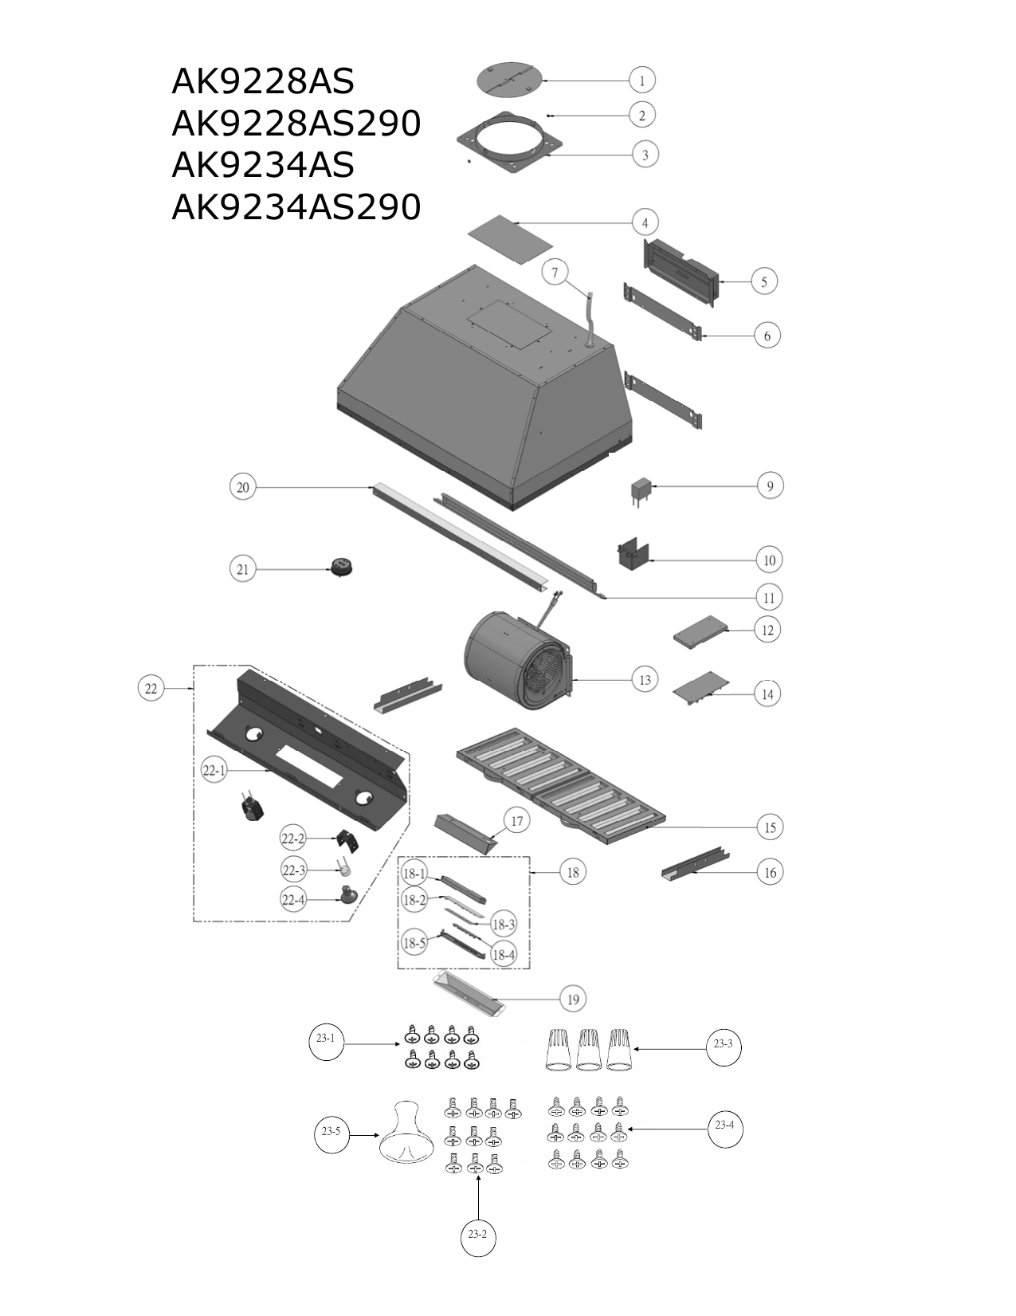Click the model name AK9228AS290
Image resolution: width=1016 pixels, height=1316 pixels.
pos(296,124)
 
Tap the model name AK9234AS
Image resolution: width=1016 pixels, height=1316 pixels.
pos(263,165)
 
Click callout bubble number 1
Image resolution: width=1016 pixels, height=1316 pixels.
pos(641,80)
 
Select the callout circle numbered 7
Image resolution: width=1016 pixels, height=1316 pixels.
pos(555,273)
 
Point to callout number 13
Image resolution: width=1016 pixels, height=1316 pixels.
pos(645,679)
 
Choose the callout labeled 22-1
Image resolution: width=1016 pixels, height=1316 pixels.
pos(214,770)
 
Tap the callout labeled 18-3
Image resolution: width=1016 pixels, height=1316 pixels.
pos(503,924)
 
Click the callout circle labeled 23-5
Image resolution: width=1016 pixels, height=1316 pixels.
pos(331,1131)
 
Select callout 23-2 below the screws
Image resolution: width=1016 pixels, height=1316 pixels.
pos(478,1234)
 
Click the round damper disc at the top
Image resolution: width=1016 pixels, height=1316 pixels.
pos(510,79)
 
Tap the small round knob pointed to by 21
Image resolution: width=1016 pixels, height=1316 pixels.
pos(341,568)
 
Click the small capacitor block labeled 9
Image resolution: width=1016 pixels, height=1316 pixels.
pos(641,493)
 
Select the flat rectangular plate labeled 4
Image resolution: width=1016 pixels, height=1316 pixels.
pos(511,240)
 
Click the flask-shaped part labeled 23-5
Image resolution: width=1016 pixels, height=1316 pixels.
pos(407,1133)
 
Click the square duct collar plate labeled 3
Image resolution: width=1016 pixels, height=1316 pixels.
pos(510,143)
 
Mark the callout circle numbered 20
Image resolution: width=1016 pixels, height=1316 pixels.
pos(243,487)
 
